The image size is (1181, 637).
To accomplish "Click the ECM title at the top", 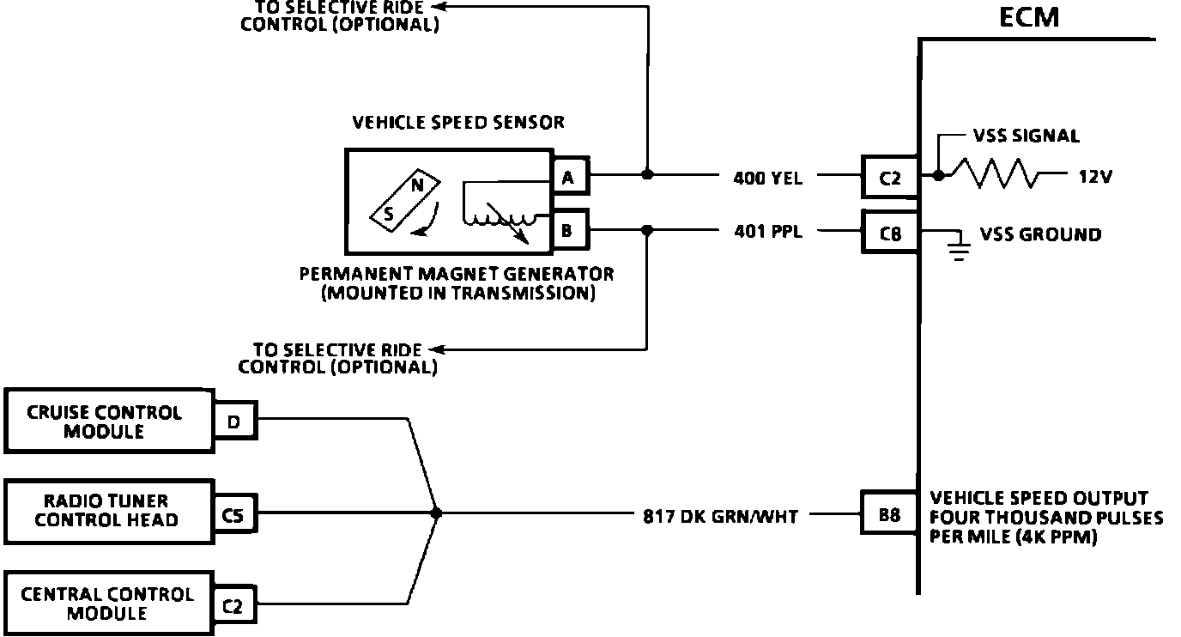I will (x=1029, y=17).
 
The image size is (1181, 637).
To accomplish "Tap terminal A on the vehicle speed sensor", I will (x=567, y=178).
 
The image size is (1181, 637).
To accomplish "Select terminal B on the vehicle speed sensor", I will (x=567, y=230).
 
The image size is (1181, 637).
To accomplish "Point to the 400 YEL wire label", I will (x=767, y=179).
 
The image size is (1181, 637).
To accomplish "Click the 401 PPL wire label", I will (x=768, y=231).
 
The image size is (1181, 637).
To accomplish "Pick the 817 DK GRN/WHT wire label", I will (x=720, y=516).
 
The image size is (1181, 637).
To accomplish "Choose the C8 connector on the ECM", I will (x=890, y=232).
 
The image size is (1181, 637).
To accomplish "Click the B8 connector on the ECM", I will (x=889, y=515).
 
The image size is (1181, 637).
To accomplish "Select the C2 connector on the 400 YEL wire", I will (x=890, y=179).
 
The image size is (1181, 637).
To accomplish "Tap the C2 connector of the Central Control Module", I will (x=233, y=607).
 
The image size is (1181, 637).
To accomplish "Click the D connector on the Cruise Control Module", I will (x=233, y=422).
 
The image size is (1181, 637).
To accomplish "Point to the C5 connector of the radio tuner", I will (x=233, y=515).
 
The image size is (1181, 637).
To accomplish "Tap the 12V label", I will (x=1095, y=178).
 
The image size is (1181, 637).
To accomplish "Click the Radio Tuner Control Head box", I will (x=107, y=510).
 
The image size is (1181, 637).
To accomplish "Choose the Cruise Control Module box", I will (x=107, y=422).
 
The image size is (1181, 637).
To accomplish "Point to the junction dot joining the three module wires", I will (x=436, y=513).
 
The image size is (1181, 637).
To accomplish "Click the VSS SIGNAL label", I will (x=1026, y=136).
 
